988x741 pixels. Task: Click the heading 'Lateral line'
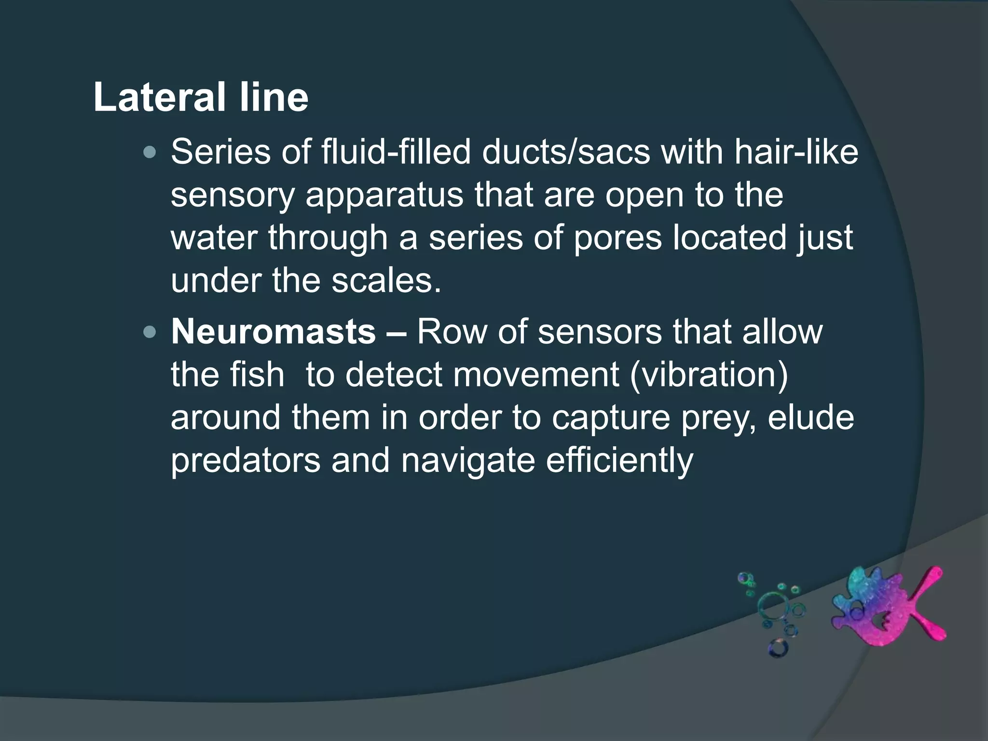[x=201, y=98]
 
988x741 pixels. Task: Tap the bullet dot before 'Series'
[x=150, y=153]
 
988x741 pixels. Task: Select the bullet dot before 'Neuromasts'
[x=150, y=332]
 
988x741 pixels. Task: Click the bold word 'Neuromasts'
[x=274, y=332]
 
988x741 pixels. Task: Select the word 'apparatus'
[x=384, y=195]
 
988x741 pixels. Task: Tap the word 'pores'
[x=617, y=238]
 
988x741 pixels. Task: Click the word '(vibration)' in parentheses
[x=709, y=374]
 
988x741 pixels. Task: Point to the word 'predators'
[x=246, y=460]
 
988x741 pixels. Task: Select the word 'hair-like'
[x=796, y=152]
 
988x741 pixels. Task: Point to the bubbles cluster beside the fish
[x=772, y=613]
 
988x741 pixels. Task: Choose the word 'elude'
[x=810, y=417]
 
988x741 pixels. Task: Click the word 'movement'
[x=536, y=374]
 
